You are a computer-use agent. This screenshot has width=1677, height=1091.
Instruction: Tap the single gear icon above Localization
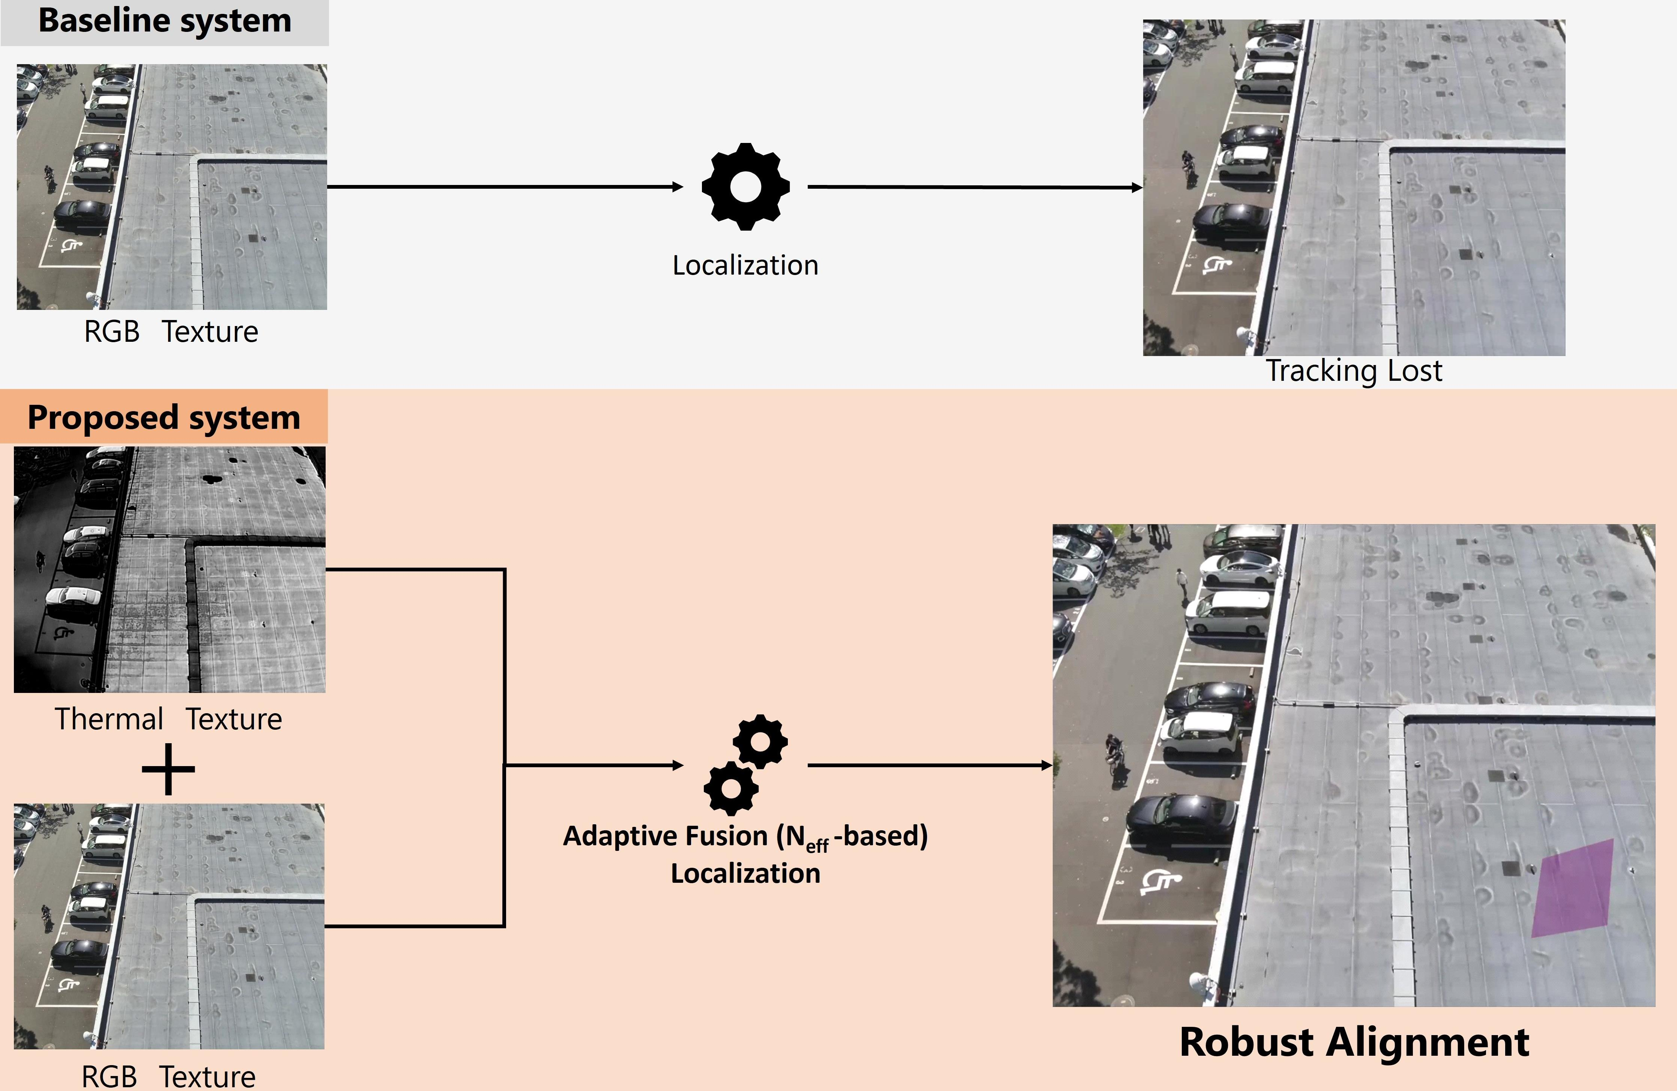coord(745,187)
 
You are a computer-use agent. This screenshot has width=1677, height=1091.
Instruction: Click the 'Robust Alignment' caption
coord(1354,1042)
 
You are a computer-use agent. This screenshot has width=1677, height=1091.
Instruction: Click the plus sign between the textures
coord(168,769)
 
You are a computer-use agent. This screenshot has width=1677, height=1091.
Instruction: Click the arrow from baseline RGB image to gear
coord(504,187)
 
